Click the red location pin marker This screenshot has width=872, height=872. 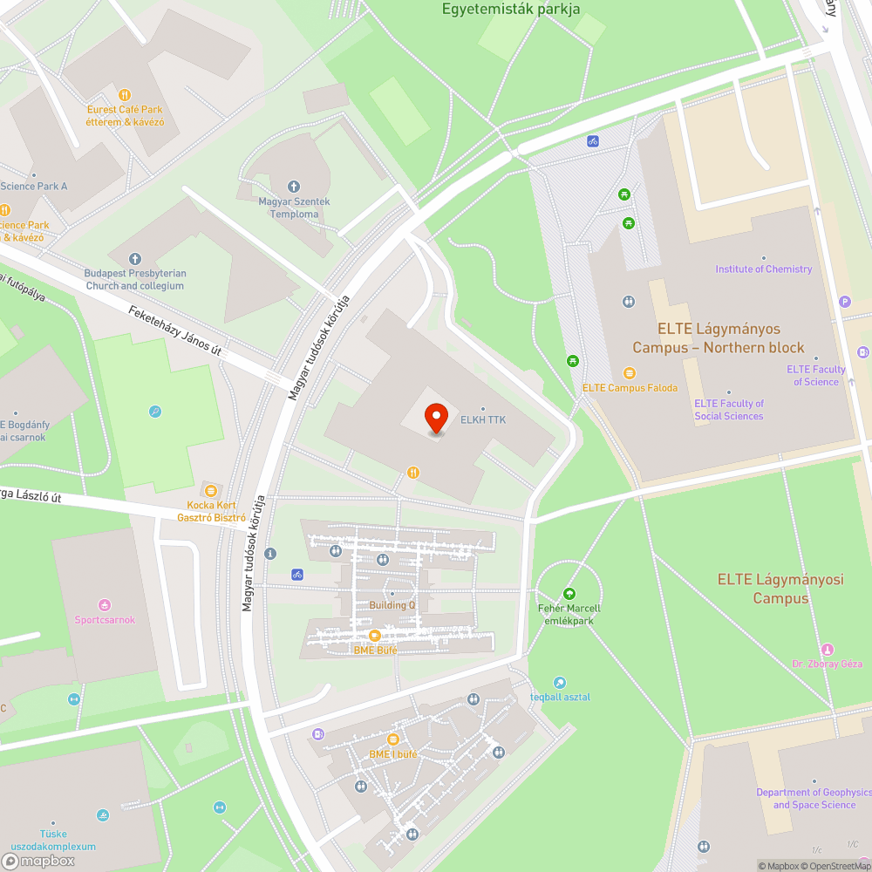(x=435, y=418)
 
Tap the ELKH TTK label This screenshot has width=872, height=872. (x=482, y=419)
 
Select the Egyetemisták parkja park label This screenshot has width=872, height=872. (x=511, y=10)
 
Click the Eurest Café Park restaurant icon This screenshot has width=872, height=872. (x=125, y=95)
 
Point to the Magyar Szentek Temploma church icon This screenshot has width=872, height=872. (x=294, y=187)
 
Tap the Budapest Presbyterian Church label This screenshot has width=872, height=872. (x=135, y=279)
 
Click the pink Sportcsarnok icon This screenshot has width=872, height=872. (x=105, y=604)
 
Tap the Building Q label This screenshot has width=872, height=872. (x=392, y=605)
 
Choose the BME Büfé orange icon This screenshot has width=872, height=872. (x=375, y=636)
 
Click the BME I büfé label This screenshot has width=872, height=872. (x=392, y=754)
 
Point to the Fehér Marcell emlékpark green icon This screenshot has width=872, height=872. (x=569, y=593)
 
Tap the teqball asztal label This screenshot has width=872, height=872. (x=560, y=697)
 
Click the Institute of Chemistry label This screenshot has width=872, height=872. (x=763, y=269)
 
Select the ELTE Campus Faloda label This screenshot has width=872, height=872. (x=630, y=388)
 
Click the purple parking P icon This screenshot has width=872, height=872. (x=844, y=302)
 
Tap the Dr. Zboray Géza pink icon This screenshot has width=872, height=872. (x=827, y=650)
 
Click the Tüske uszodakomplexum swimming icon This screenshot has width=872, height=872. (x=105, y=815)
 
